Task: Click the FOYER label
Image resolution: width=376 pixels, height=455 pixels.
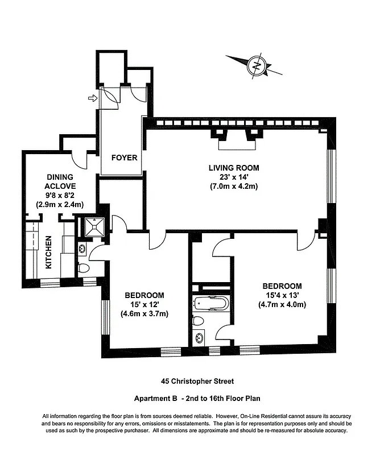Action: (124, 158)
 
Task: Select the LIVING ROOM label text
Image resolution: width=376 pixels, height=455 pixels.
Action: (234, 168)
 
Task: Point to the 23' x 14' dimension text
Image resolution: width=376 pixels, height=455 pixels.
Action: (234, 177)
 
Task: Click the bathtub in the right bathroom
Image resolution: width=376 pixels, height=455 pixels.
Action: (210, 303)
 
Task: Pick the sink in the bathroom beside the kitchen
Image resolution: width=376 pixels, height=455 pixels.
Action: (82, 248)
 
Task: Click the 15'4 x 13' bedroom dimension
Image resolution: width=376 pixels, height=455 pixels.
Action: (282, 295)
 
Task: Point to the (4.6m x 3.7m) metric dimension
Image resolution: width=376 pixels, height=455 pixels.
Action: (144, 313)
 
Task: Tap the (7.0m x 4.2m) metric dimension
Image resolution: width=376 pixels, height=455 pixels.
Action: (234, 187)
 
